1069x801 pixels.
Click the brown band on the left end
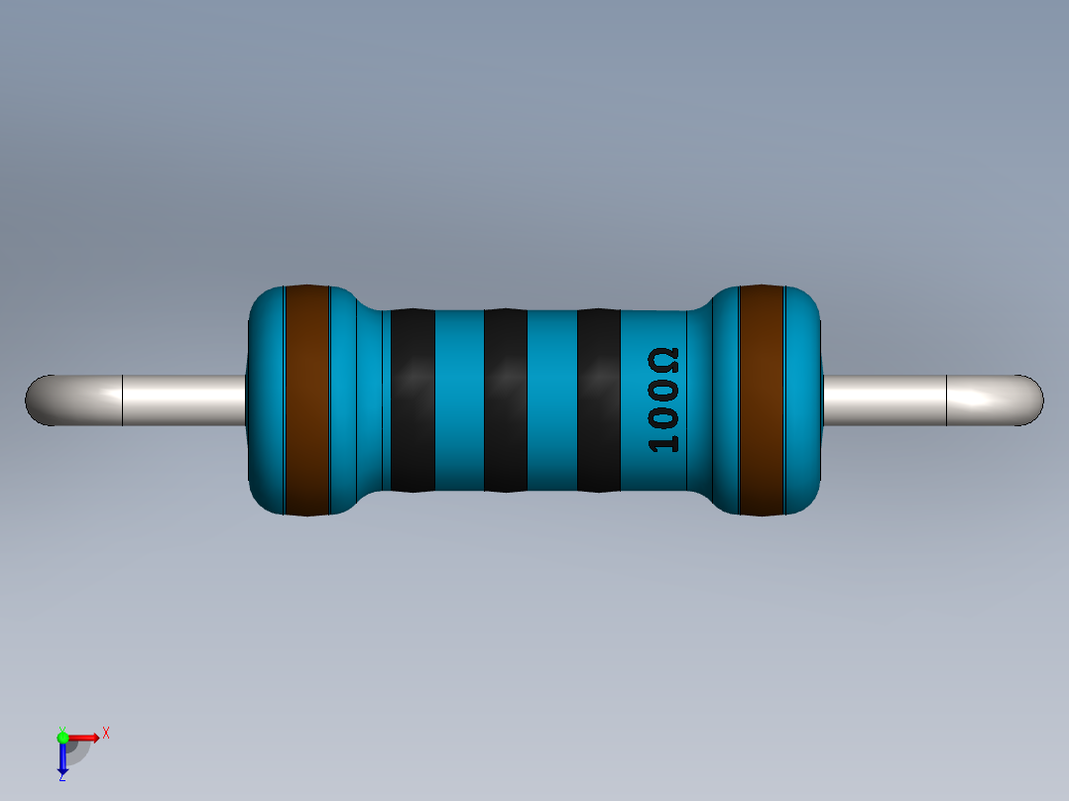[x=306, y=400]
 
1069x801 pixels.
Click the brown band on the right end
[x=762, y=400]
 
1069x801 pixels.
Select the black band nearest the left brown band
[x=413, y=400]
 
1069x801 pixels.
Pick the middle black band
[x=505, y=400]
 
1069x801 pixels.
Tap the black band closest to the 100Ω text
[x=598, y=400]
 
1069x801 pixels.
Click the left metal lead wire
[x=178, y=400]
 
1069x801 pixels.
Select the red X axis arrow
[x=85, y=737]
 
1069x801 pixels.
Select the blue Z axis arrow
[x=62, y=759]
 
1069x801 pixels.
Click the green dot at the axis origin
[x=62, y=737]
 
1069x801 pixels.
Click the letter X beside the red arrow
[x=106, y=734]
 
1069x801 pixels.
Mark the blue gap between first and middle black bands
[x=459, y=400]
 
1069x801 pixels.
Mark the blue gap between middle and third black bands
[x=551, y=400]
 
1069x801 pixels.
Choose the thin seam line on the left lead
[x=122, y=400]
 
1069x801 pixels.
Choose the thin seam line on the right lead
[x=947, y=400]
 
